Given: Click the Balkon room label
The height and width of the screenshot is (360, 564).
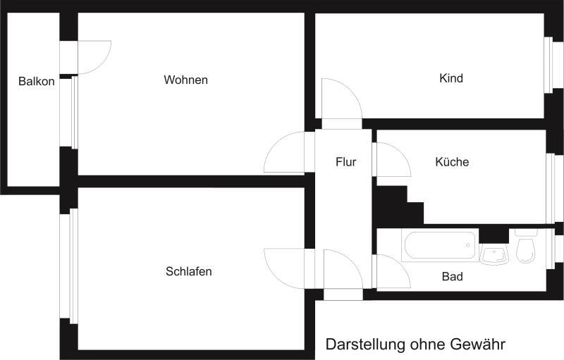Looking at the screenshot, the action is click(x=37, y=82).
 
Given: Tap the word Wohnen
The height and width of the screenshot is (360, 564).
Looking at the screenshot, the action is click(x=185, y=80).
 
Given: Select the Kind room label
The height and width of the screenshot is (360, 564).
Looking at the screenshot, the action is click(x=450, y=78).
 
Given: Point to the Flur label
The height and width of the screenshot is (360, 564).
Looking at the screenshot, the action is click(x=345, y=162).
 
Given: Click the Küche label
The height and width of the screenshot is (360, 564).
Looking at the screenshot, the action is click(x=452, y=162).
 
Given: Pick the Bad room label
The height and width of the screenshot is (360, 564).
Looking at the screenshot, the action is click(x=452, y=277).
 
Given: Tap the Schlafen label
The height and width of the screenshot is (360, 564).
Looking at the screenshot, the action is click(x=189, y=271).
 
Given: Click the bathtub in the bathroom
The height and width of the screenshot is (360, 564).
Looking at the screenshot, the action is click(x=440, y=246).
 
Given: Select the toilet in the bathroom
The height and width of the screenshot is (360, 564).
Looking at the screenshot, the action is click(x=526, y=249).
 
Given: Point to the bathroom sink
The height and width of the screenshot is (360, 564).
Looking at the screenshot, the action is click(x=495, y=254).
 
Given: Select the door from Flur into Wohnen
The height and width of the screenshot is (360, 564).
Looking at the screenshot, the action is click(x=286, y=154).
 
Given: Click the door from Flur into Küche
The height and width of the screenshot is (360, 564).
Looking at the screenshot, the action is click(x=392, y=161).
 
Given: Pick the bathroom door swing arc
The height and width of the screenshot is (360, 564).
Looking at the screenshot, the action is click(x=392, y=272).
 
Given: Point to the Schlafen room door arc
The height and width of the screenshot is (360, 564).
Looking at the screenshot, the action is click(x=286, y=268).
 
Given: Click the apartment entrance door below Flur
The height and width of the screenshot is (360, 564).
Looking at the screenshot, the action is click(x=343, y=271).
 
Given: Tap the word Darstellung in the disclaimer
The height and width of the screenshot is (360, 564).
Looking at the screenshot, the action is click(x=364, y=345).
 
